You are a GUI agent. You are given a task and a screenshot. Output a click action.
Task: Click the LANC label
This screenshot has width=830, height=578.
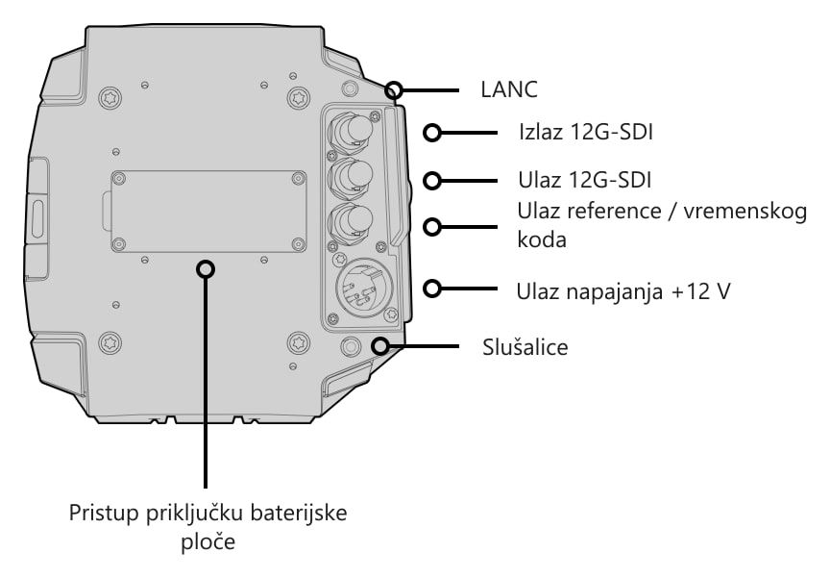[x=509, y=89]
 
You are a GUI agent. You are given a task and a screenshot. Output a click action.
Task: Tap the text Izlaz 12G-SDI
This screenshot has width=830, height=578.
[x=585, y=132]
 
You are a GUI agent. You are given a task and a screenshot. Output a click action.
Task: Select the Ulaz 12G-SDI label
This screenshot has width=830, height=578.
[x=584, y=180]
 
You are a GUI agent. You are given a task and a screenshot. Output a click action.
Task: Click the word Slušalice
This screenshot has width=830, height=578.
[x=525, y=347]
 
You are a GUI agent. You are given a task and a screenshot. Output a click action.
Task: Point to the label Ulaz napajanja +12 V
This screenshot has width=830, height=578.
[x=623, y=291]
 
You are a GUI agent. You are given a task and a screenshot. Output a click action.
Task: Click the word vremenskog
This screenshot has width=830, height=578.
[x=745, y=212]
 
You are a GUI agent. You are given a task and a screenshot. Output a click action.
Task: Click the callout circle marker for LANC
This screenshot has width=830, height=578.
[x=393, y=90]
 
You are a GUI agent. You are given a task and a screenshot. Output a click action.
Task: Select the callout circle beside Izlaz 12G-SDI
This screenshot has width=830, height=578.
[x=432, y=133]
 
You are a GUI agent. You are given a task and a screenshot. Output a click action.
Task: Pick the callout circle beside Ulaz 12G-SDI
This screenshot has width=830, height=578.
[x=432, y=181]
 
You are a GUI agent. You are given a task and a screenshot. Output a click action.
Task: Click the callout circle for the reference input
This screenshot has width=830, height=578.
[x=432, y=227]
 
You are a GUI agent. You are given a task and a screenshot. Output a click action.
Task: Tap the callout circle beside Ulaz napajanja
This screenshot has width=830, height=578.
[x=432, y=289]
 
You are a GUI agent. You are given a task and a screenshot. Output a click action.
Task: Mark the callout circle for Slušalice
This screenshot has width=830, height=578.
[x=379, y=346]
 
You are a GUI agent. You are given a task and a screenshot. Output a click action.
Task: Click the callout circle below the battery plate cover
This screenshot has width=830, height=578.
[x=206, y=269]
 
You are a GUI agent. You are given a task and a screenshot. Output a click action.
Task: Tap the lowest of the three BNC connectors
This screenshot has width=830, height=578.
[x=351, y=221]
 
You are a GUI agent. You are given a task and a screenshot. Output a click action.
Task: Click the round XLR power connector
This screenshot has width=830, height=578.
[x=365, y=288]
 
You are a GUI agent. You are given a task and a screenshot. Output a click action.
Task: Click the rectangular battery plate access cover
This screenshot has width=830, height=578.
[x=208, y=212]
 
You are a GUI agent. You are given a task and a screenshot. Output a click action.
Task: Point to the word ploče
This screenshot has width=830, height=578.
[x=208, y=542]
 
